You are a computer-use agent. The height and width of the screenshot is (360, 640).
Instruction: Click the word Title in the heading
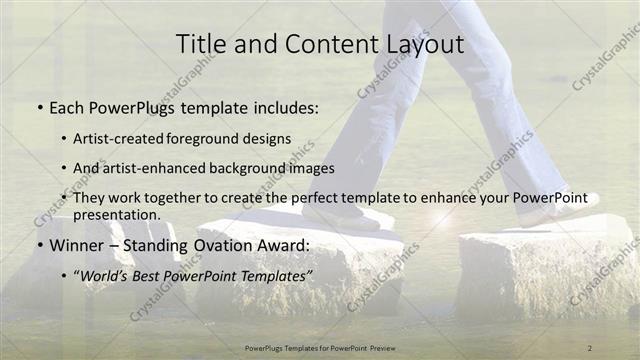(199, 44)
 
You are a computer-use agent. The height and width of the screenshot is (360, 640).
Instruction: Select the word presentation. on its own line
(117, 214)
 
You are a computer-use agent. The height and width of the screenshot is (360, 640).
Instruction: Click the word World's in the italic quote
(108, 273)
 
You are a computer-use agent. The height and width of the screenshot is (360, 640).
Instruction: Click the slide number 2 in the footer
(589, 348)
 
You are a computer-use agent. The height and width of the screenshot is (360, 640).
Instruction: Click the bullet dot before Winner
(39, 245)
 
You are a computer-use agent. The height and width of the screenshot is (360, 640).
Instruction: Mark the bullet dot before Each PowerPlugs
(39, 108)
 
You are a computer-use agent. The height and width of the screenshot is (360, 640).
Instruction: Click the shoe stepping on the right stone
(560, 212)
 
